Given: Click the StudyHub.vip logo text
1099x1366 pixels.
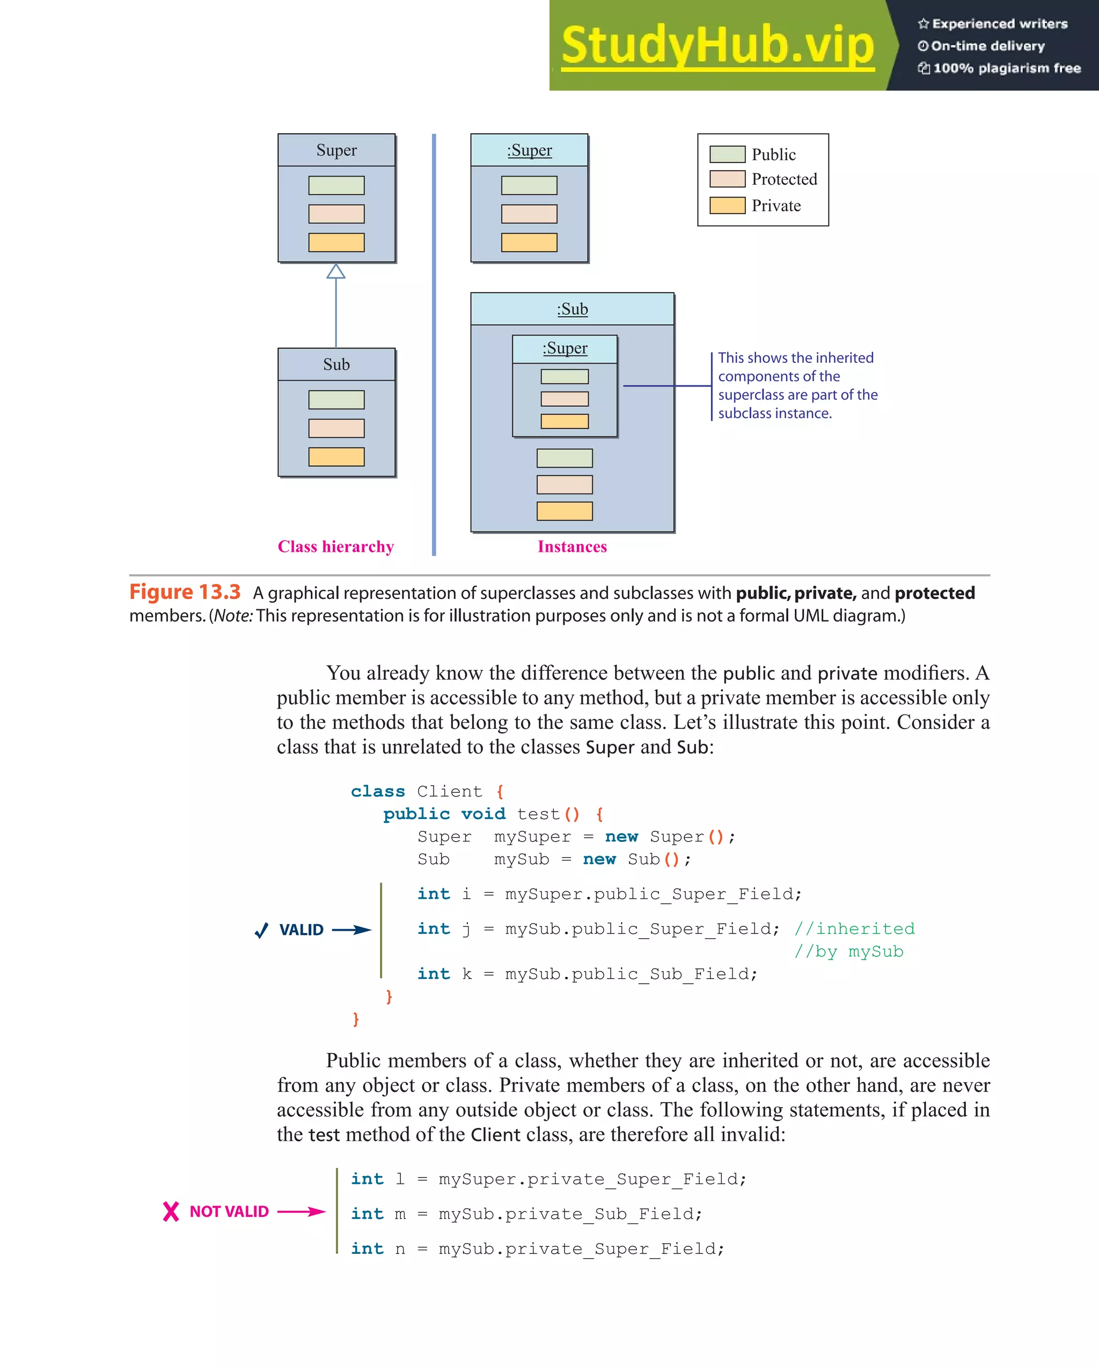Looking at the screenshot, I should point(717,46).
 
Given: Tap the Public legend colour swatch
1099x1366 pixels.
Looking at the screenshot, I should point(727,154).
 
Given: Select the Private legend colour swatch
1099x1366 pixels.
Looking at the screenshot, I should point(727,205).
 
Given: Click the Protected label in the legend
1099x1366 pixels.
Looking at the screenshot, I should point(783,179).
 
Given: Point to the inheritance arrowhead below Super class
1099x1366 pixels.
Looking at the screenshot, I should point(336,272).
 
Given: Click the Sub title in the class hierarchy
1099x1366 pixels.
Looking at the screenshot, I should point(336,364).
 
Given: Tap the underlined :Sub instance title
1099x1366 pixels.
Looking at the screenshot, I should point(572,309).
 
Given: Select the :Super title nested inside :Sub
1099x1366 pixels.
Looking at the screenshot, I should point(565,348).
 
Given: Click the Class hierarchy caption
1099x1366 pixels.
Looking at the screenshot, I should point(336,546).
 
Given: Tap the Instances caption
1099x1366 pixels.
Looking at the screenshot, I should point(572,546).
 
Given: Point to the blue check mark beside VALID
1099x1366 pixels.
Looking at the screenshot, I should point(261,930).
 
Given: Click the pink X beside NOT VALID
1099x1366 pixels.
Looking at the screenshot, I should point(171,1211).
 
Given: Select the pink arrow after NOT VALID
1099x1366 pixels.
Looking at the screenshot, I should point(302,1211).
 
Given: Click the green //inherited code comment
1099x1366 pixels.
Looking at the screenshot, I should point(854,929).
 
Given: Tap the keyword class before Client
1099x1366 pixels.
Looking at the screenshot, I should point(378,791).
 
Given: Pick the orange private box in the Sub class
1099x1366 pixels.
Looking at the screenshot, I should point(336,457).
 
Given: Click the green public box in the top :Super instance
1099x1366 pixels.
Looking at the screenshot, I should point(529,186).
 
